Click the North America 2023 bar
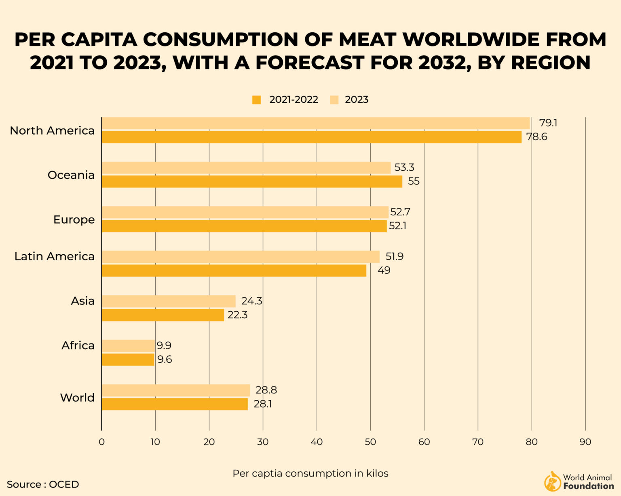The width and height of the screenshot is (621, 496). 315,123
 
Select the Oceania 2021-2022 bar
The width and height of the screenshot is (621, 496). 252,182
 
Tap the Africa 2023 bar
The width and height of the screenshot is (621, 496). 128,346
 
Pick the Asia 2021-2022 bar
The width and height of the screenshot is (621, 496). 163,315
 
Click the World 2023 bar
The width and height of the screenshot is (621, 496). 176,390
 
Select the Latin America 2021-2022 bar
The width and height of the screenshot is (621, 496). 234,270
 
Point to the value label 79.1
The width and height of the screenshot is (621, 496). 548,123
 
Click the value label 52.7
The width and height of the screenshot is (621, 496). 400,212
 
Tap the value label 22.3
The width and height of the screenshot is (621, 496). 237,315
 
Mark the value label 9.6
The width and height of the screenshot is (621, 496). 165,359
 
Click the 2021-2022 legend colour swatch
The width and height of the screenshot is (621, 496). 257,100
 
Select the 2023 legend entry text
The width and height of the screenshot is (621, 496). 356,100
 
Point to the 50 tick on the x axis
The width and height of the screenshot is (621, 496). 370,442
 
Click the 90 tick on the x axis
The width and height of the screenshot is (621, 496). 585,442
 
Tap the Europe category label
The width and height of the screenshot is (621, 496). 74,220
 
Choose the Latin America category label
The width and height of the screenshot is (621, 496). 54,256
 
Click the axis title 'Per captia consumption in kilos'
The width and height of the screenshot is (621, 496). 310,473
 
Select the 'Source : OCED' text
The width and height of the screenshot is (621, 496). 43,484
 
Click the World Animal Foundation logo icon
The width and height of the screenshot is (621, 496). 552,481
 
